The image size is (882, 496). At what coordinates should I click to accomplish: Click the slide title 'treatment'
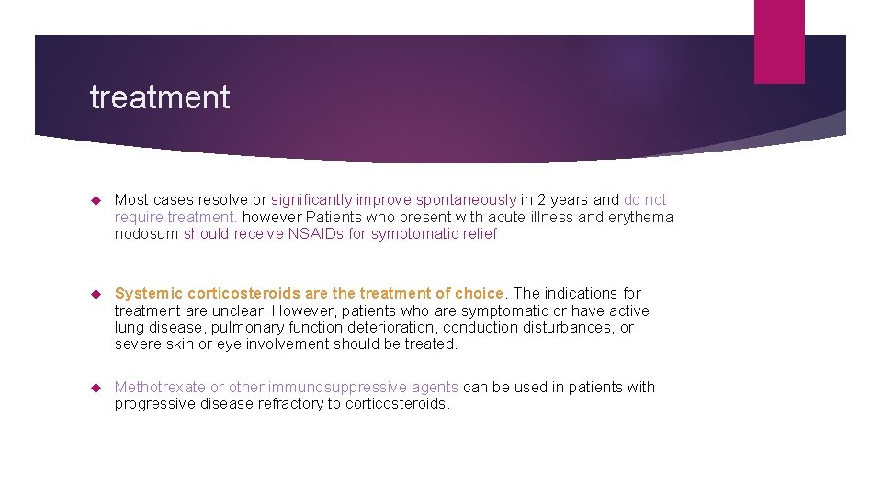(x=160, y=97)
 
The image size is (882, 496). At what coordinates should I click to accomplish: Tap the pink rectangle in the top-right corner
(x=778, y=41)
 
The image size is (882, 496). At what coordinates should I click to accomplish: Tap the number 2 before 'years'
(x=543, y=200)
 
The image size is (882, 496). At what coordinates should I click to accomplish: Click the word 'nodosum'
(x=146, y=234)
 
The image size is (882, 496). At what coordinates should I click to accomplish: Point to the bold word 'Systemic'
(x=148, y=294)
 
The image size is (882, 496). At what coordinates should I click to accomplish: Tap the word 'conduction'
(x=478, y=328)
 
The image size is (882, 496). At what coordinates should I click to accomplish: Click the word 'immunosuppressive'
(x=332, y=388)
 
